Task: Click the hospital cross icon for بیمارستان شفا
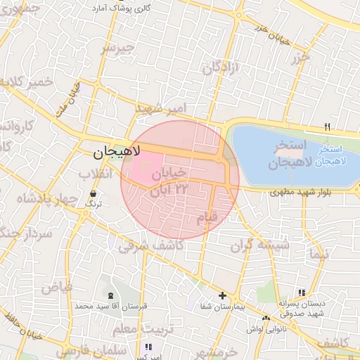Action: pos(223,296)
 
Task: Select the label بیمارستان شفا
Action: pos(224,307)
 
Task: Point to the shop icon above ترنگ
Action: pos(94,193)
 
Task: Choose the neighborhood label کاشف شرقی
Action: pos(150,245)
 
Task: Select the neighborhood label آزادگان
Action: pos(221,68)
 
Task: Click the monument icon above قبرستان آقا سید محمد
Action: pos(110,295)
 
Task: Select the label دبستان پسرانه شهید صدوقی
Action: pos(302,308)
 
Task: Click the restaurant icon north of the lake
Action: pos(327,127)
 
